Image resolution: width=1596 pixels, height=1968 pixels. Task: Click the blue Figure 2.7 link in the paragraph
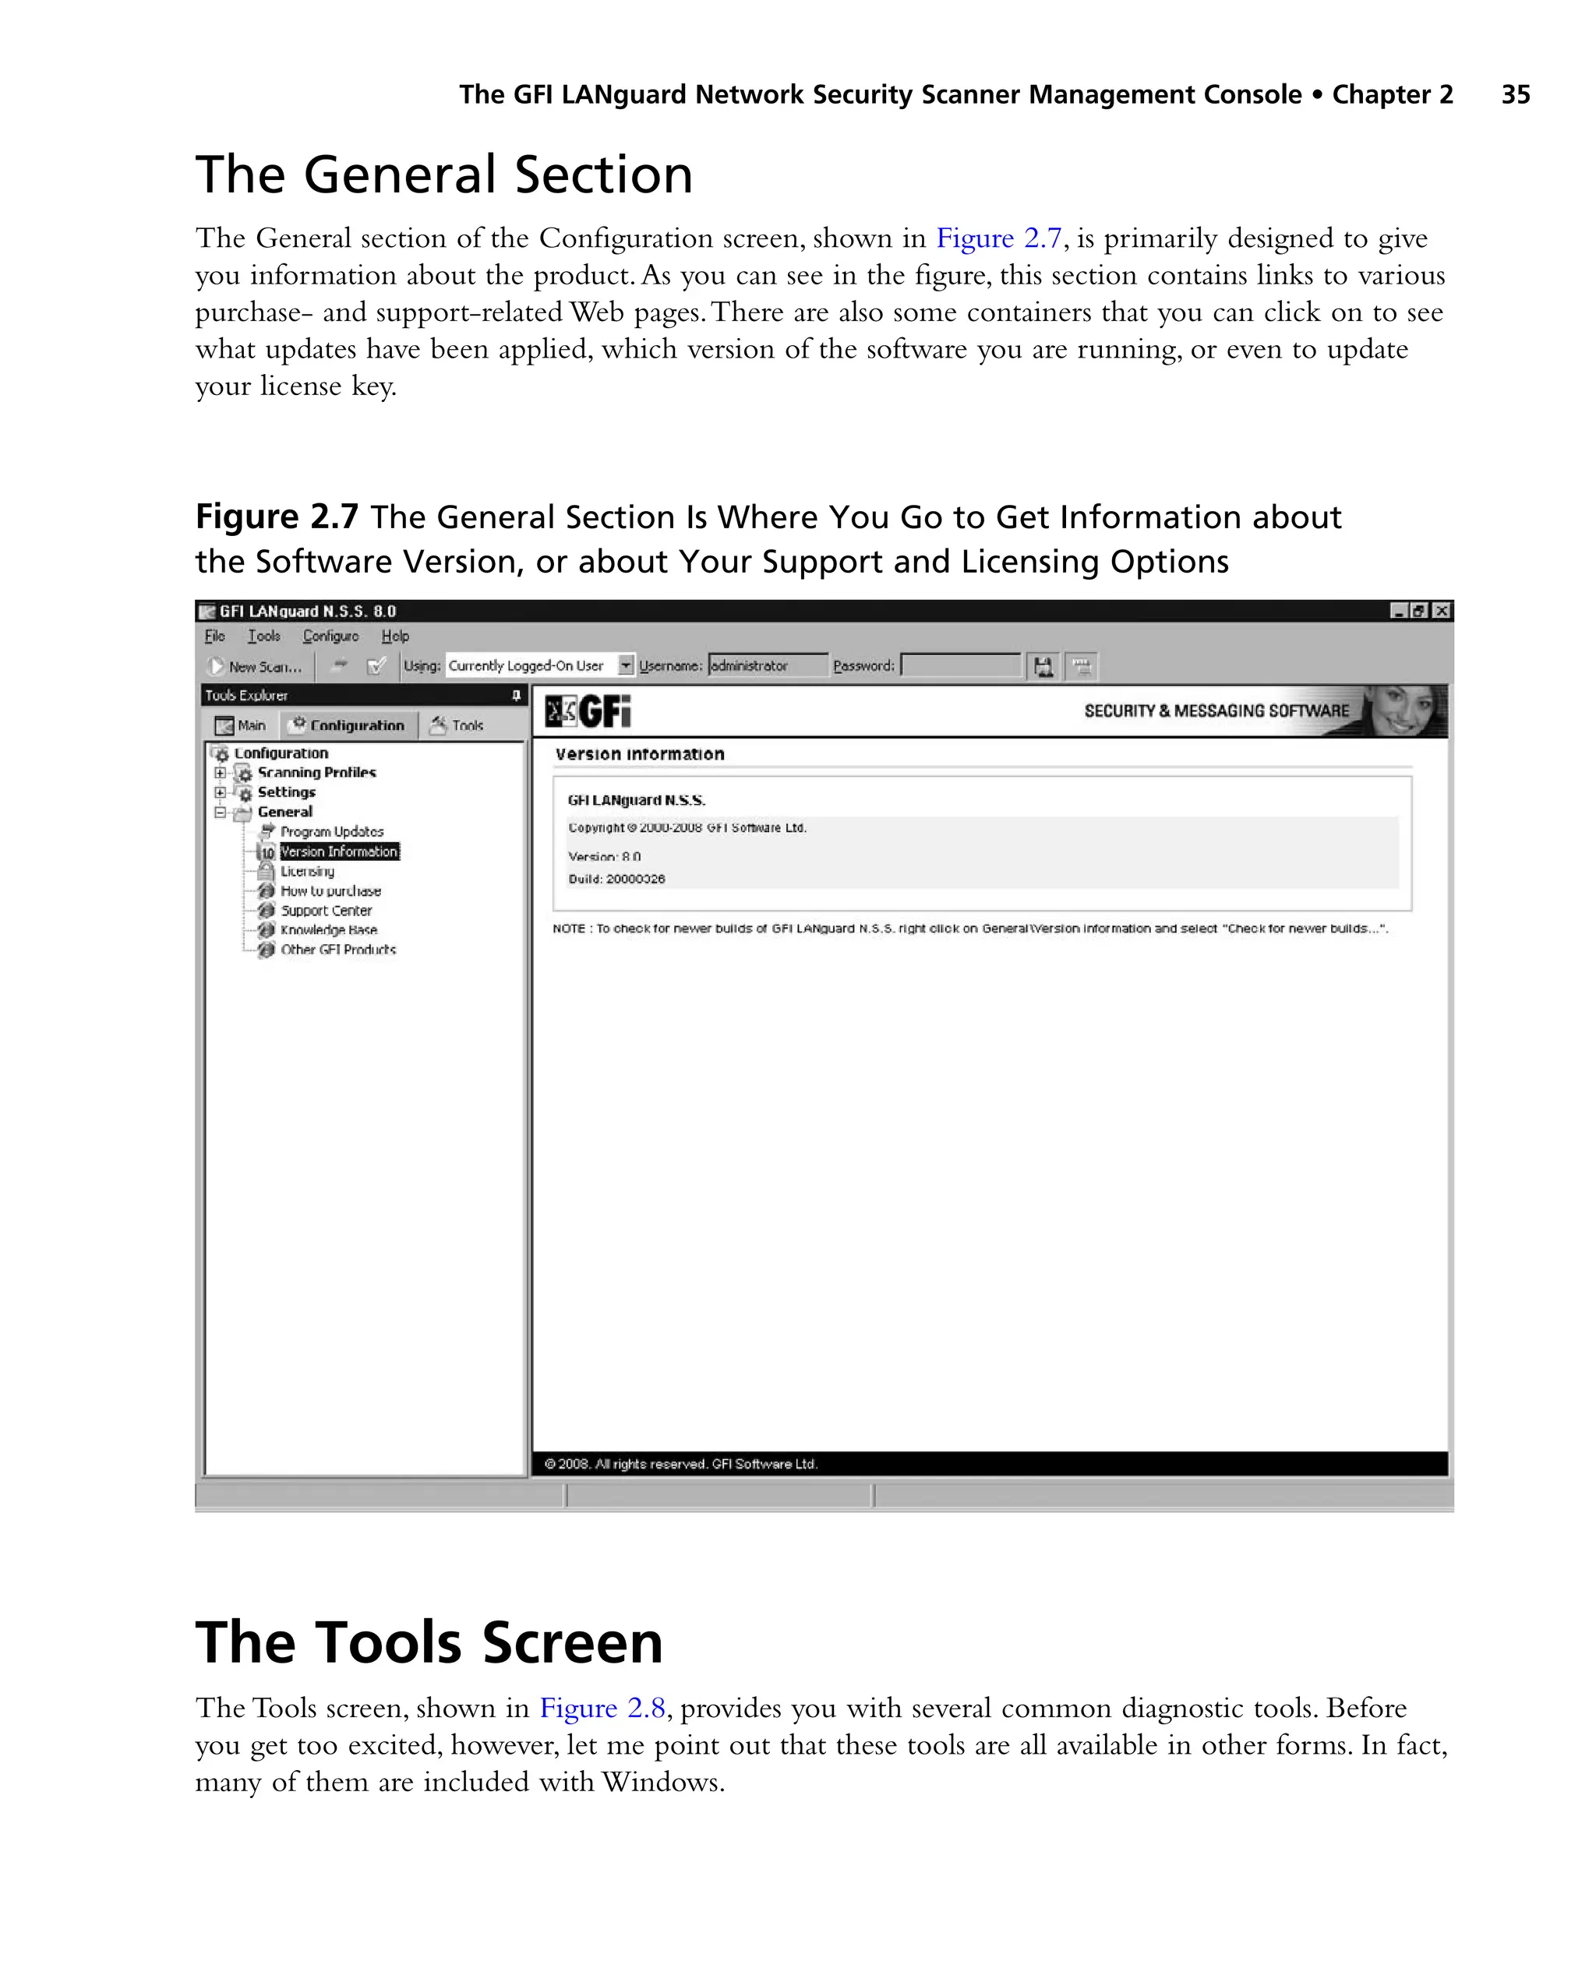tap(998, 238)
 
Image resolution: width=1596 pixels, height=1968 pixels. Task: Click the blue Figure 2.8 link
tap(602, 1708)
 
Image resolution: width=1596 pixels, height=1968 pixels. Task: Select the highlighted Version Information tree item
tap(339, 852)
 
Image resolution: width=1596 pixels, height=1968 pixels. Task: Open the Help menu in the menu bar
tap(395, 636)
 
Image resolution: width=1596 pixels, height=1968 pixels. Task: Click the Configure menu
tap(331, 636)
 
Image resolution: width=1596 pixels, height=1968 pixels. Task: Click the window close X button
tap(1442, 610)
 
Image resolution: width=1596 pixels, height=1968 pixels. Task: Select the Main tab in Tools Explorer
tap(241, 725)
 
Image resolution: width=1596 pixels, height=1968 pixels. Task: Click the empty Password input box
tap(960, 665)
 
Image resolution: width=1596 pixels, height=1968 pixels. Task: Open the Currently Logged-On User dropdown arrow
tap(625, 665)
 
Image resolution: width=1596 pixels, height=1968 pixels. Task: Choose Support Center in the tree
tap(326, 910)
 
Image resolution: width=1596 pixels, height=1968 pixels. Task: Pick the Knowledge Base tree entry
tap(328, 930)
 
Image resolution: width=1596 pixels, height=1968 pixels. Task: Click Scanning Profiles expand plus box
tap(220, 772)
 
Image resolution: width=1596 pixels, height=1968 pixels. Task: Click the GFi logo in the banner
tap(588, 711)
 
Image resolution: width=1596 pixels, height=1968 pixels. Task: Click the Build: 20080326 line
tap(616, 879)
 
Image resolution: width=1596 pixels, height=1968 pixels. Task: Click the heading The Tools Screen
tap(429, 1642)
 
